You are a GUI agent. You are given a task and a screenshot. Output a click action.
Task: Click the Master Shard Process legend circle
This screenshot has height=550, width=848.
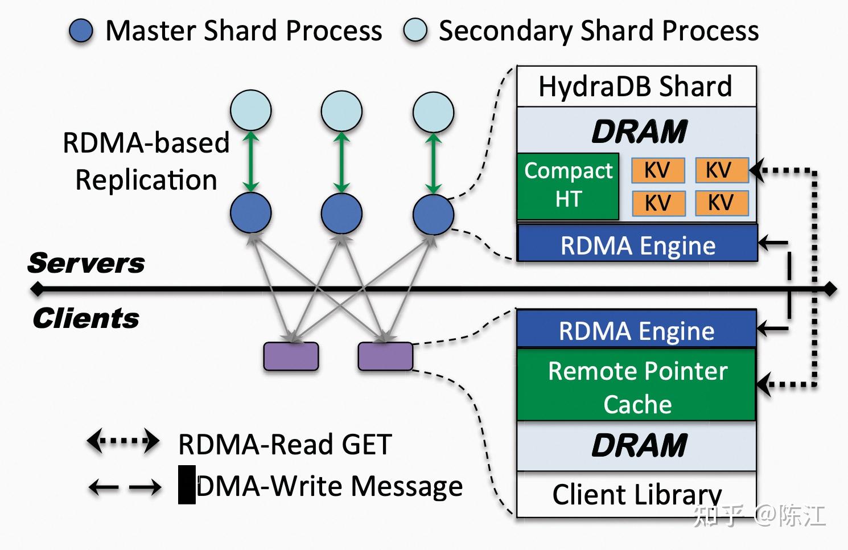pyautogui.click(x=81, y=31)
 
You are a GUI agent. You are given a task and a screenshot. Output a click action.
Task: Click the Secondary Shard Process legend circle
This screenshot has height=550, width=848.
pyautogui.click(x=415, y=31)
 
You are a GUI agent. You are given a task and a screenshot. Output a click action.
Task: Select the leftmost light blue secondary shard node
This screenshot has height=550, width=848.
pyautogui.click(x=250, y=110)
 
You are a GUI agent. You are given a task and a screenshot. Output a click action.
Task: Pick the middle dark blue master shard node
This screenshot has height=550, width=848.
pyautogui.click(x=341, y=213)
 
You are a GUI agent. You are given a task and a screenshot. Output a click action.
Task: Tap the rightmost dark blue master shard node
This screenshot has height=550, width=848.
pyautogui.click(x=433, y=215)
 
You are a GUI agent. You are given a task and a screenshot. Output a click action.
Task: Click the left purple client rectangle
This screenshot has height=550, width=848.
pyautogui.click(x=291, y=356)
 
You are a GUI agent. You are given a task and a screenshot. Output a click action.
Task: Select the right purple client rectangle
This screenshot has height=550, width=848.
pyautogui.click(x=385, y=356)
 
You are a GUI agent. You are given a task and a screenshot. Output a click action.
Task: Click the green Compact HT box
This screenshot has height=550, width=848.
pyautogui.click(x=568, y=186)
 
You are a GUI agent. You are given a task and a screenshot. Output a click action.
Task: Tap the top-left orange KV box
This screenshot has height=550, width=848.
pyautogui.click(x=657, y=170)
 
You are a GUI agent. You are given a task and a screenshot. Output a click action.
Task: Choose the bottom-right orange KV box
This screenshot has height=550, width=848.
pyautogui.click(x=721, y=203)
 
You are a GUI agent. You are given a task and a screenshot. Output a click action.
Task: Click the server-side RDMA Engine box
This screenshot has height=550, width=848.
pyautogui.click(x=637, y=245)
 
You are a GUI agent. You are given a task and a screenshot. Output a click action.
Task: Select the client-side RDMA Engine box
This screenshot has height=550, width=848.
pyautogui.click(x=636, y=330)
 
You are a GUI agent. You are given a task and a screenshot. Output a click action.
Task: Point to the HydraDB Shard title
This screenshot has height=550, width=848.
pyautogui.click(x=636, y=87)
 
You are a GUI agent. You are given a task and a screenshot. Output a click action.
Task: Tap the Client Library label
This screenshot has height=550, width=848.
pyautogui.click(x=636, y=494)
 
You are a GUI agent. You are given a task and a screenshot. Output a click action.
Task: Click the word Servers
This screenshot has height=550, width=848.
pyautogui.click(x=86, y=263)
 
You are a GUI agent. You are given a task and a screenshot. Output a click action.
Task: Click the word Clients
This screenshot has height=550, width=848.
pyautogui.click(x=86, y=318)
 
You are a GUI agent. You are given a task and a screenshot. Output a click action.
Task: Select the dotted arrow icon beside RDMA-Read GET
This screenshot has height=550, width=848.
pyautogui.click(x=122, y=441)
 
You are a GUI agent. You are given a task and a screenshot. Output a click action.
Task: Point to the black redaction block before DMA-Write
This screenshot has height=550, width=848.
pyautogui.click(x=187, y=485)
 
